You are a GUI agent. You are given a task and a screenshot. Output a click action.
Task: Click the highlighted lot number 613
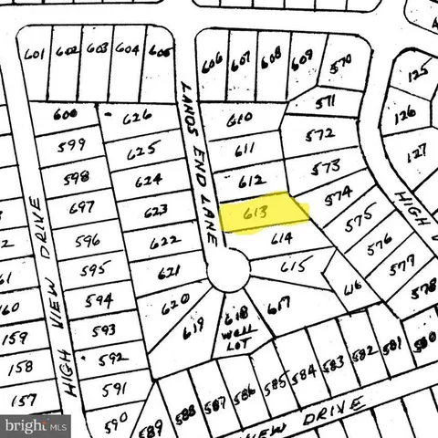tap(256, 215)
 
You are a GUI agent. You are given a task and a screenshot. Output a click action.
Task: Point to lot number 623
tap(156, 212)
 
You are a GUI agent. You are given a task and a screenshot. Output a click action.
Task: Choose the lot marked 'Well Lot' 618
tap(232, 324)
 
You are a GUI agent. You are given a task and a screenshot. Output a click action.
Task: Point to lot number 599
tap(70, 143)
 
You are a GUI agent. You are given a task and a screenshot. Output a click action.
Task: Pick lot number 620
tap(178, 299)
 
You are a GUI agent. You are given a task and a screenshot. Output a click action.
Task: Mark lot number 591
tap(113, 388)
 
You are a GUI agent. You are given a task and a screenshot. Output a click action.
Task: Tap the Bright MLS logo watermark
tap(36, 425)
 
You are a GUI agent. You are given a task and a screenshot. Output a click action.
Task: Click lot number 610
tap(238, 119)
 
